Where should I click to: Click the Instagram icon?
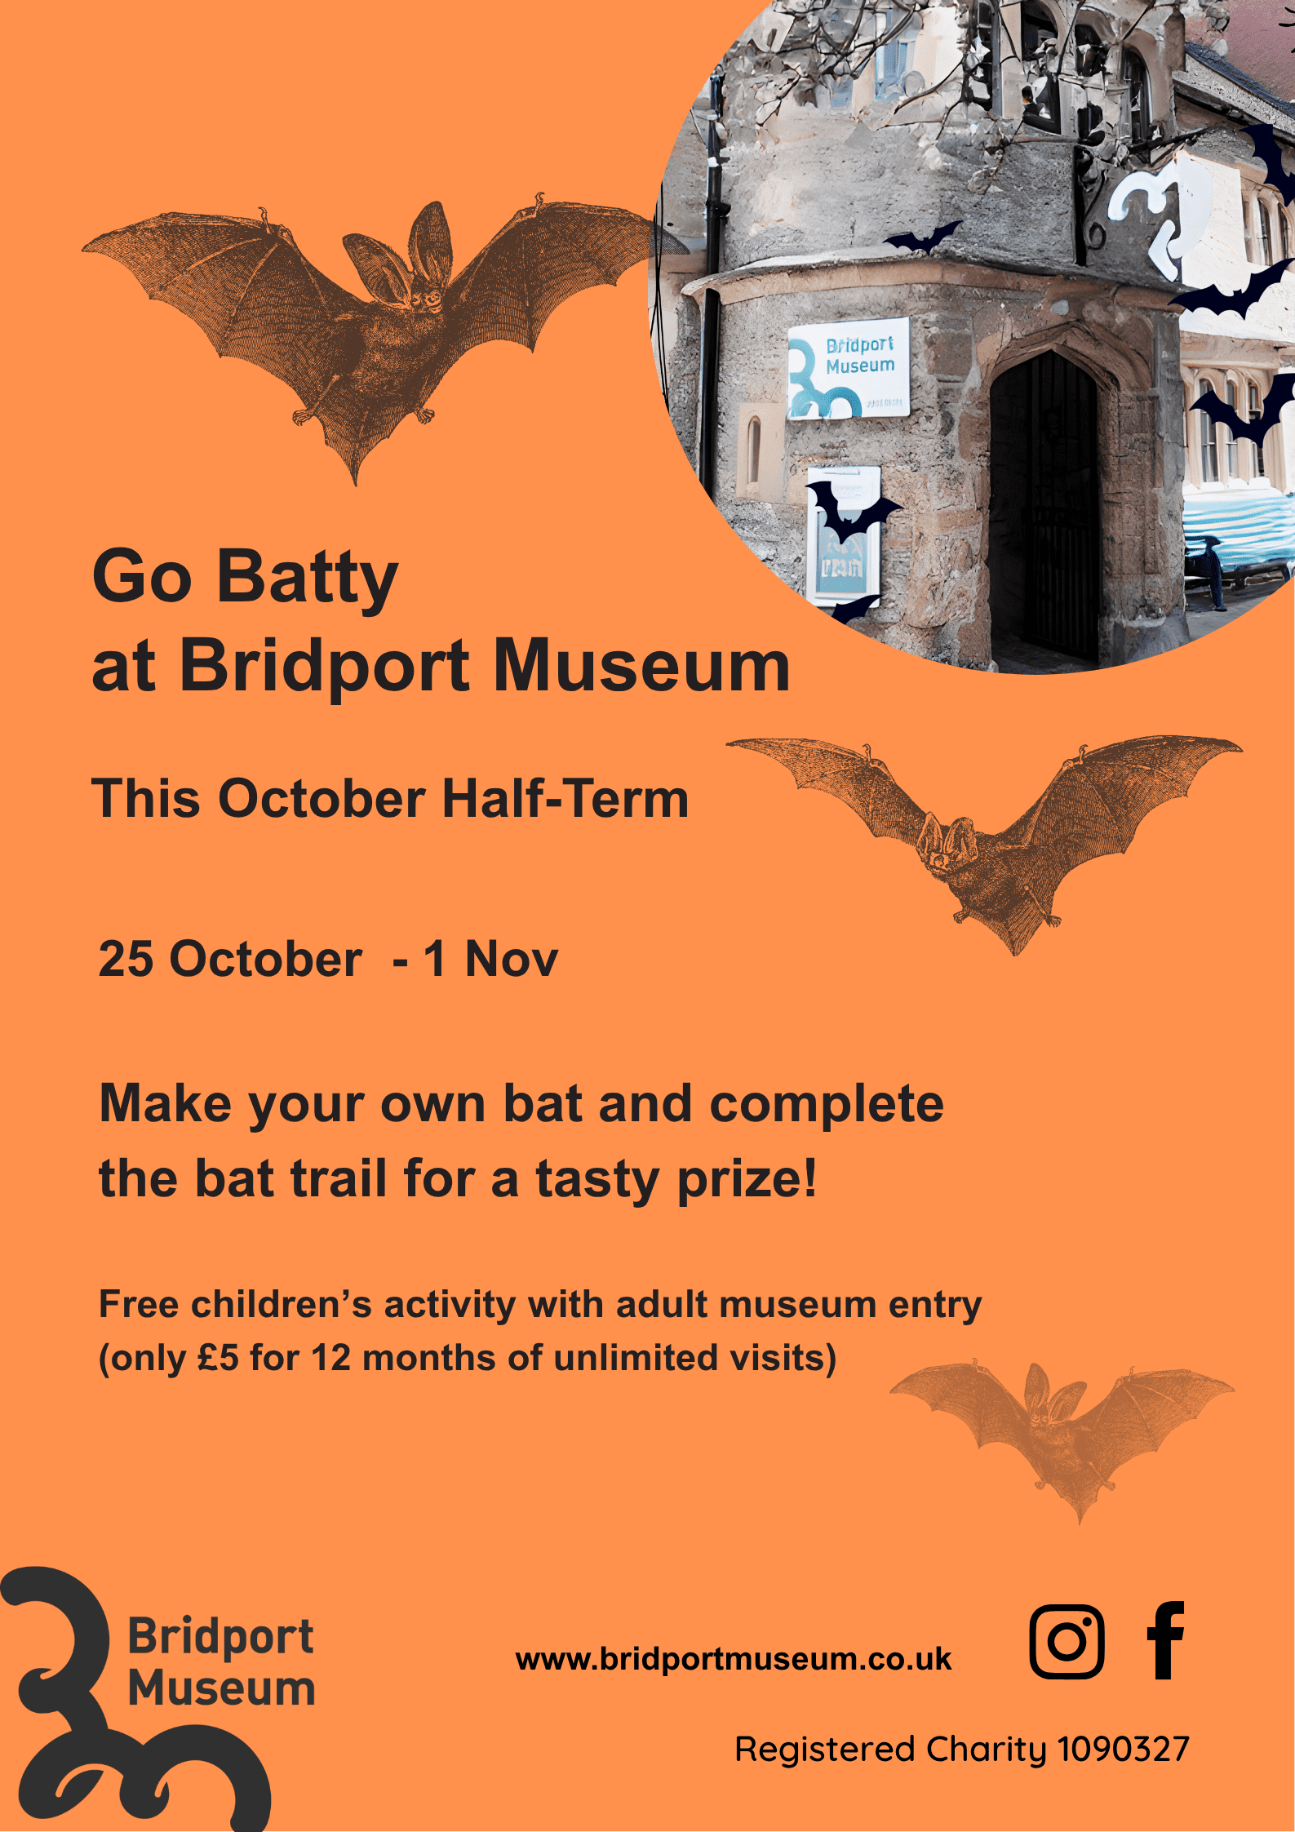pos(1067,1641)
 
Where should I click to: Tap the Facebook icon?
pos(1165,1640)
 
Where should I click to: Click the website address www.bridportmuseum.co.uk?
pos(734,1659)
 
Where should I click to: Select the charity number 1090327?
pos(1124,1750)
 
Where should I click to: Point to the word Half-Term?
pos(565,798)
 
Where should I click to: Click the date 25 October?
pos(230,959)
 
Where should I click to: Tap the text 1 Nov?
pos(490,959)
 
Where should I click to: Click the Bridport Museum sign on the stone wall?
pos(849,368)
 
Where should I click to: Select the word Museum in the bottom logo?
pos(222,1688)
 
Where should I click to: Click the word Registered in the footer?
pos(825,1750)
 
